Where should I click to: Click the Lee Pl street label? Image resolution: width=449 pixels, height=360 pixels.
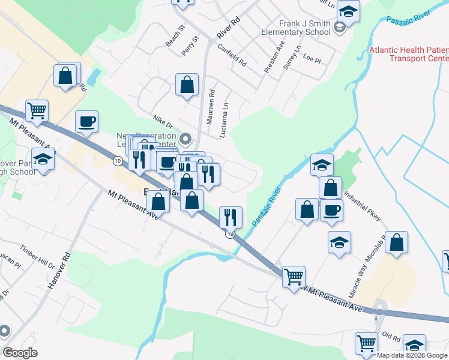tap(312, 59)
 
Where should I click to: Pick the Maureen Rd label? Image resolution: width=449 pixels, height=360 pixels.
tap(211, 107)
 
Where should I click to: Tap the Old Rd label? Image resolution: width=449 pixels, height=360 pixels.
tap(391, 337)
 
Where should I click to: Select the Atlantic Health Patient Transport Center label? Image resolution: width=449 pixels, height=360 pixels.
tap(409, 54)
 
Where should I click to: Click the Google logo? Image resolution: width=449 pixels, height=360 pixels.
tap(20, 353)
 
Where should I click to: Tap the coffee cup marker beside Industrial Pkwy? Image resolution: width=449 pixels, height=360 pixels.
tap(331, 210)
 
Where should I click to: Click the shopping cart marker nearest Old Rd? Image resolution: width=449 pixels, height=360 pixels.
tap(367, 344)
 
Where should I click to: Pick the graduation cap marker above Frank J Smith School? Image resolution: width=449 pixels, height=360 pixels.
tap(348, 11)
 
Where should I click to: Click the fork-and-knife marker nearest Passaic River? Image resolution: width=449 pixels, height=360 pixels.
tap(231, 217)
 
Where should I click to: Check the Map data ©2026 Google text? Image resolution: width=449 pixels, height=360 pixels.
tap(412, 355)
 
